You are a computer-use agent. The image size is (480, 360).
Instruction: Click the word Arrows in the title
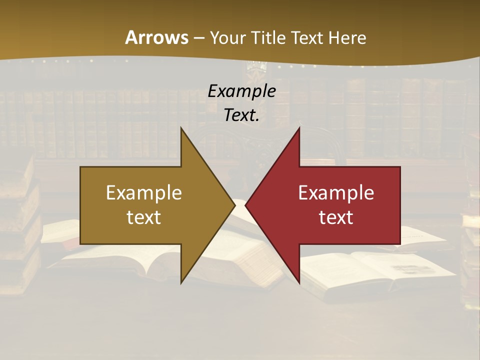click(156, 37)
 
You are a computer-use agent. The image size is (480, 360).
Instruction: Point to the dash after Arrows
click(198, 38)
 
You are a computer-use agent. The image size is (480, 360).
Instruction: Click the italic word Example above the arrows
click(241, 91)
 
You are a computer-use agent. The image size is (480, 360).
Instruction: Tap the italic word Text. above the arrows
click(241, 115)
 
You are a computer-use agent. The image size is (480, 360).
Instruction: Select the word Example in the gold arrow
click(144, 192)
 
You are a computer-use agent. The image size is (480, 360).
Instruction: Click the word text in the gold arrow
click(144, 217)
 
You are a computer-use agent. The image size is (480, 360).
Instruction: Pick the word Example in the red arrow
click(336, 192)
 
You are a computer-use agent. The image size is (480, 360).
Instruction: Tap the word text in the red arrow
click(336, 217)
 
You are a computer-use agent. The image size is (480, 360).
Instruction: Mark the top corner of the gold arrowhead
click(181, 128)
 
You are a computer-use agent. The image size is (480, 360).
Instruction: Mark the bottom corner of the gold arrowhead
click(181, 283)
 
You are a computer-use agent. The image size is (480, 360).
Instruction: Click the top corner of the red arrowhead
click(299, 128)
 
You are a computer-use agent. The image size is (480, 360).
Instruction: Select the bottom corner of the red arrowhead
click(299, 283)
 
